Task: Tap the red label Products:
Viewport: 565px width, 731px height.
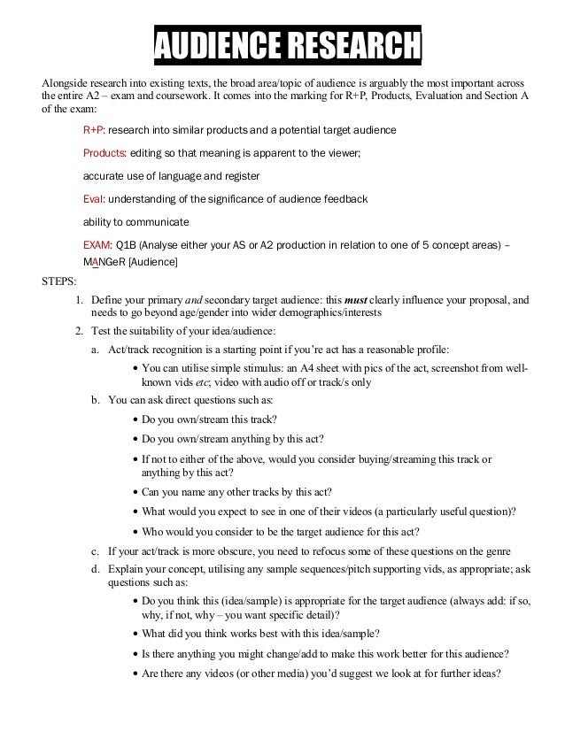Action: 104,152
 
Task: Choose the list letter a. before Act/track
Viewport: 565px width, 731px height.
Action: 96,350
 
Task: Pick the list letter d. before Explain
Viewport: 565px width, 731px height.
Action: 96,572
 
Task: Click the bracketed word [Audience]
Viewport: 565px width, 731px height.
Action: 153,262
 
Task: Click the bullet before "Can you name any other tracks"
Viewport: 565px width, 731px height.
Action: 134,492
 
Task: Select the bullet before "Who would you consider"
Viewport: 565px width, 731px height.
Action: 134,532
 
